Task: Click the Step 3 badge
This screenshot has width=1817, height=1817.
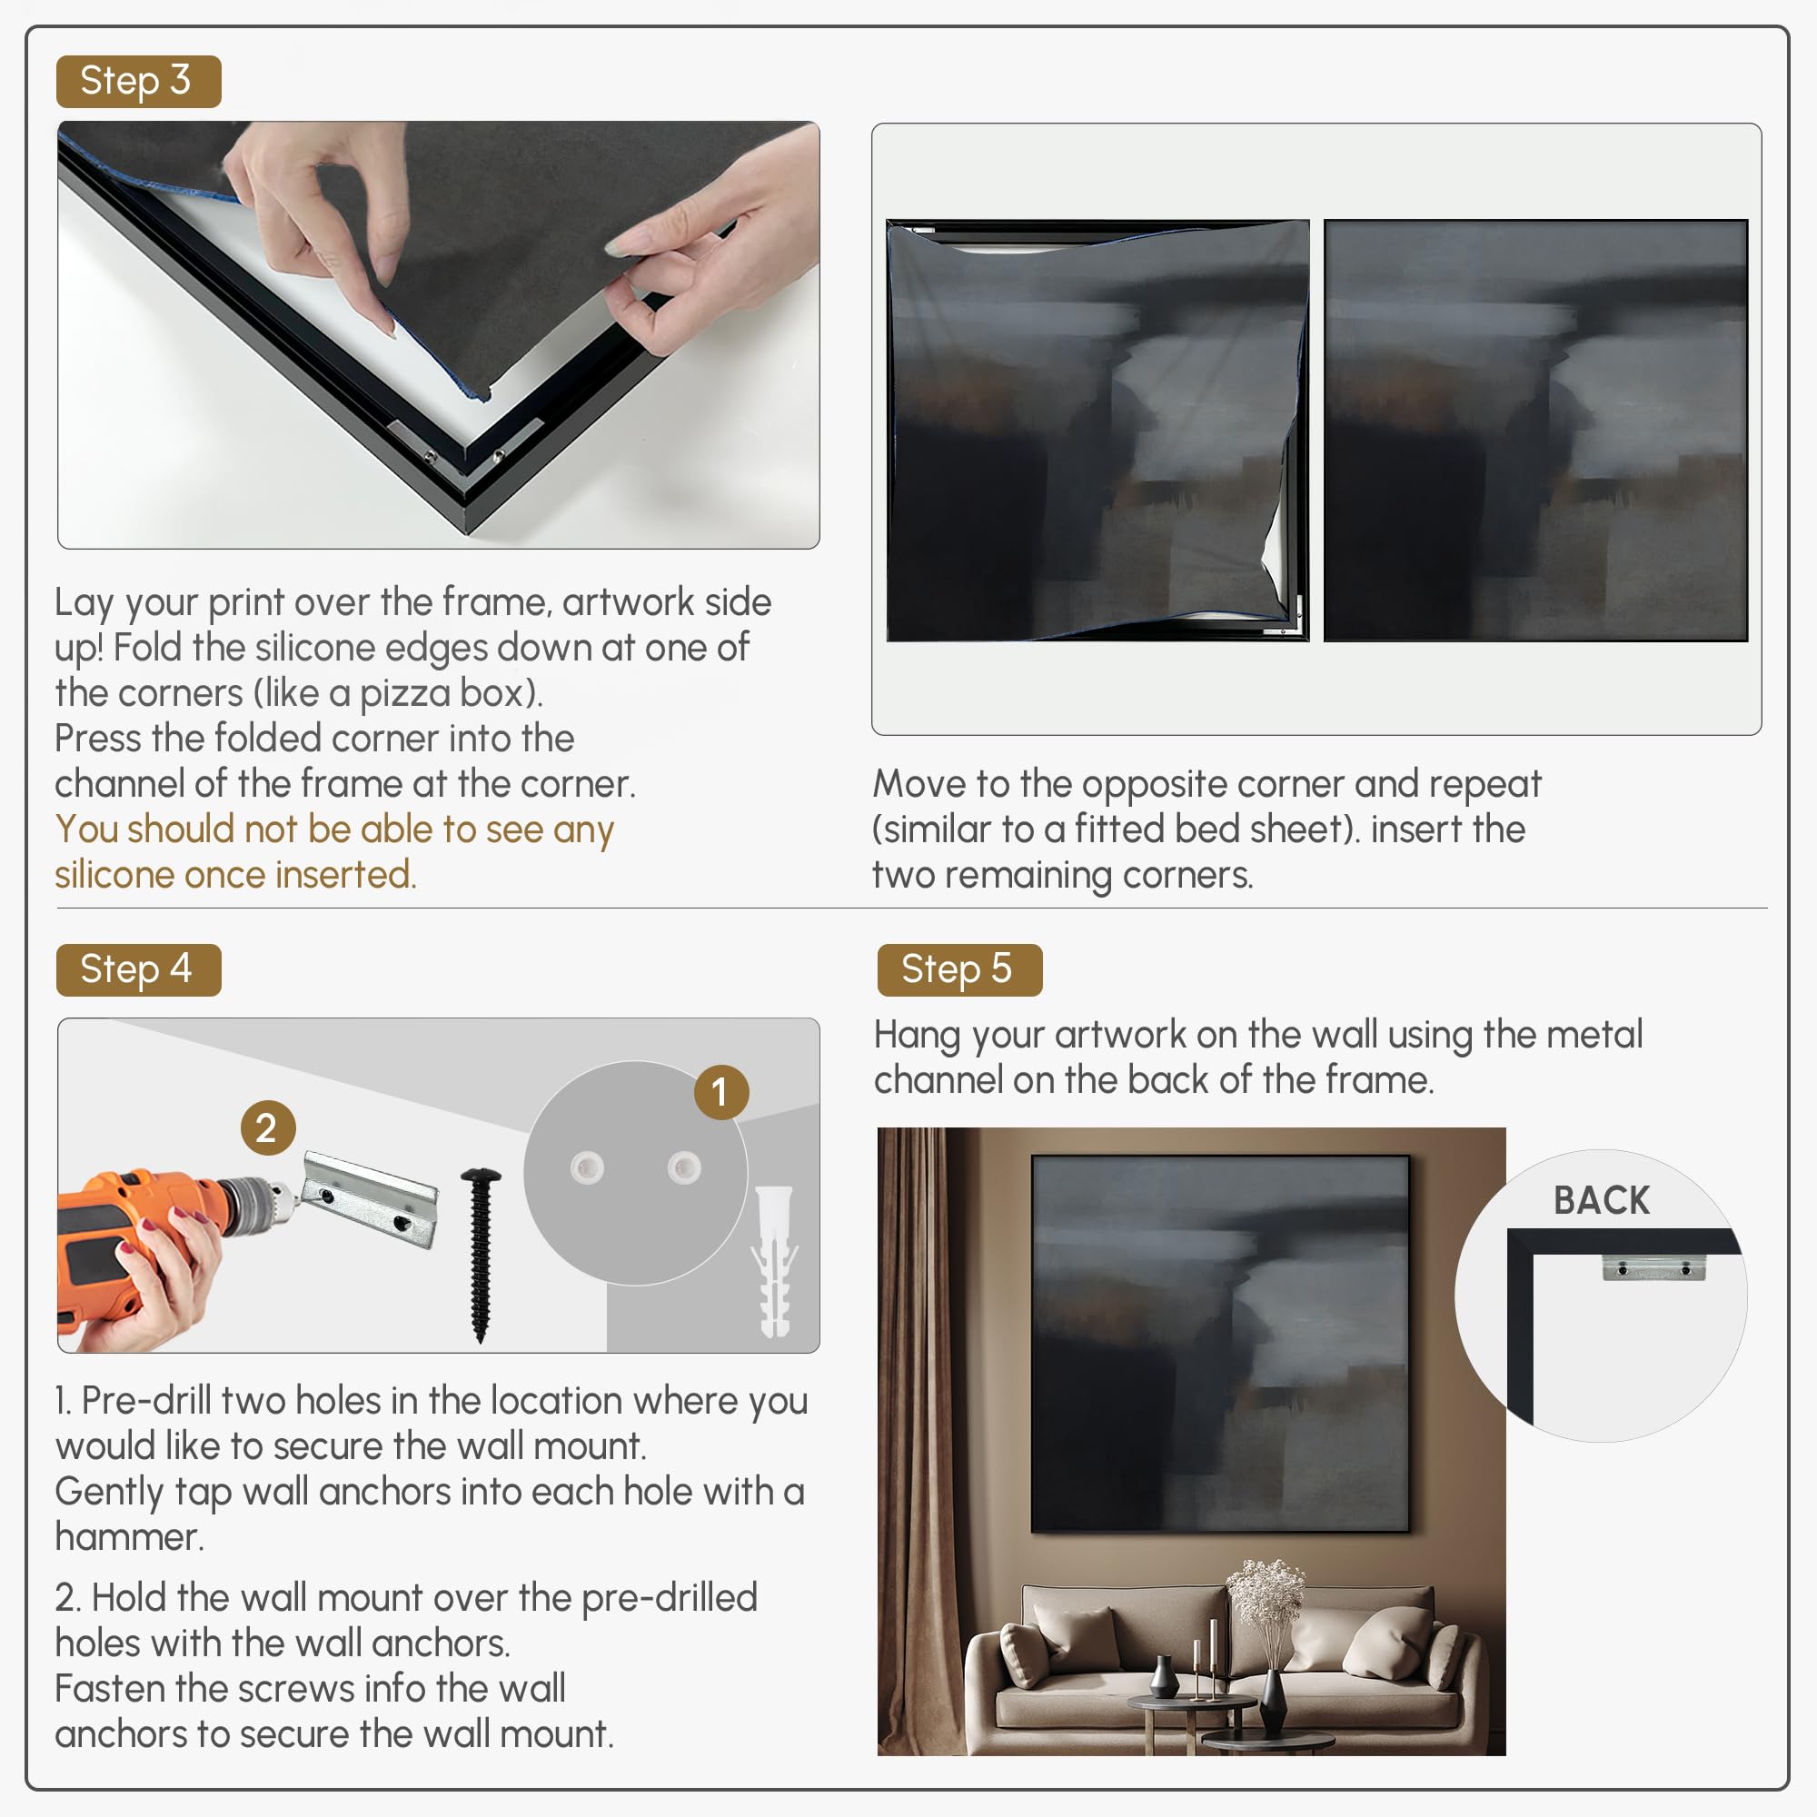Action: click(x=138, y=82)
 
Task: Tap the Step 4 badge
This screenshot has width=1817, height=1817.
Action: click(x=138, y=969)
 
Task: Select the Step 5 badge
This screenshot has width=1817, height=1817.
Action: click(x=959, y=969)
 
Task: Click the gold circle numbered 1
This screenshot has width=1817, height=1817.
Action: click(x=721, y=1093)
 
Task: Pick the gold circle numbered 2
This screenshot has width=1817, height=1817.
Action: click(x=268, y=1127)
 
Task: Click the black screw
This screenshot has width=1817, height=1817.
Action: click(x=481, y=1254)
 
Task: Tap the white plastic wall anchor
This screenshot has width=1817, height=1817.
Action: click(x=774, y=1260)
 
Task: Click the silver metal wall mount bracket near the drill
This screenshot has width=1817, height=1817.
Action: click(x=371, y=1199)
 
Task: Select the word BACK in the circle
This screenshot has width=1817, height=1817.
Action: click(x=1602, y=1201)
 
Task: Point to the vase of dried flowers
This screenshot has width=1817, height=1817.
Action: click(x=1267, y=1626)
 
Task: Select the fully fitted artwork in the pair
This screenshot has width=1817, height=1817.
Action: click(x=1535, y=431)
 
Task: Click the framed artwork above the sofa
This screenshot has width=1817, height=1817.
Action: click(x=1221, y=1343)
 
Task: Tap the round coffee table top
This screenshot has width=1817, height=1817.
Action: click(x=1193, y=1703)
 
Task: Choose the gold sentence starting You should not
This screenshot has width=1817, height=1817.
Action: click(x=333, y=852)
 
